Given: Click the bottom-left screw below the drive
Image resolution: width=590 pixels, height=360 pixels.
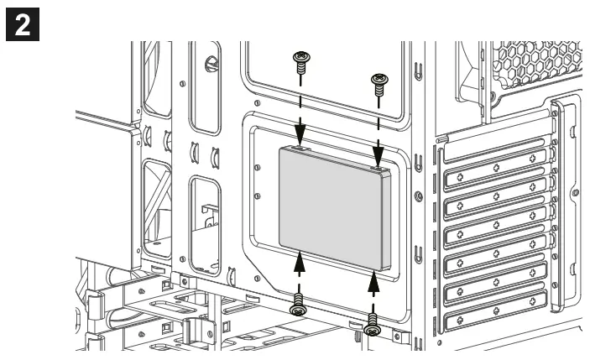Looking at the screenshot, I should coord(298,309).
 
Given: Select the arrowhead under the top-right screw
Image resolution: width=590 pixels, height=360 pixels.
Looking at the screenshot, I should coord(378,158).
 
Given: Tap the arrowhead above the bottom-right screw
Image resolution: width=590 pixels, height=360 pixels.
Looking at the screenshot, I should coord(375,277).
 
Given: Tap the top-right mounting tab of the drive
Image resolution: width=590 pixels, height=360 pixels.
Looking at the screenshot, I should coord(383,169).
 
